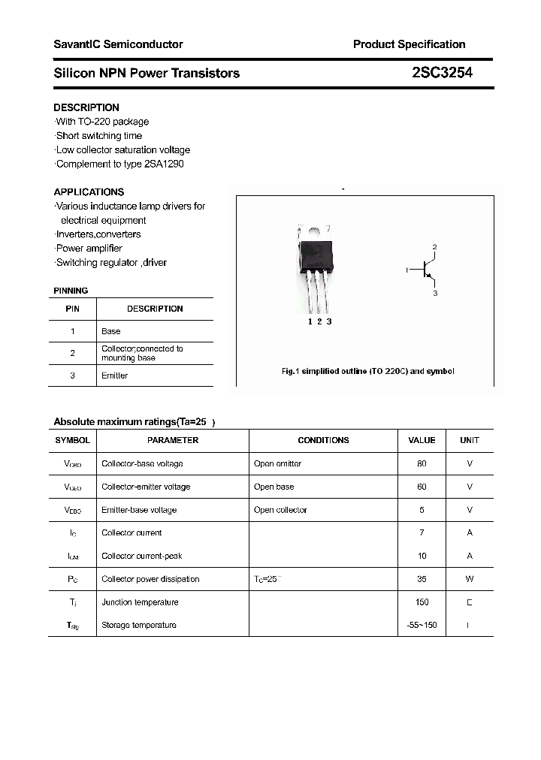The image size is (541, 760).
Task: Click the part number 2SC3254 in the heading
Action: [x=442, y=73]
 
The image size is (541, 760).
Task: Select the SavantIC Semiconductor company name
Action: [x=118, y=44]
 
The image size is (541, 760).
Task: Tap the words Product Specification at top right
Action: [x=409, y=44]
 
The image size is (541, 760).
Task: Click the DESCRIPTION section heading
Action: [x=86, y=107]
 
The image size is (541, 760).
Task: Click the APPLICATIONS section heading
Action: [x=89, y=192]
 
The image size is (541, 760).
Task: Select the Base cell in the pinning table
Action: [x=110, y=331]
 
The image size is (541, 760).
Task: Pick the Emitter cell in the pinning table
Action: [x=114, y=375]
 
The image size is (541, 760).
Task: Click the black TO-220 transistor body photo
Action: [x=315, y=255]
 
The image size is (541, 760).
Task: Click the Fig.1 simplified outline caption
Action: [x=367, y=371]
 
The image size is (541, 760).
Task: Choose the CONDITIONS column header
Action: [x=323, y=440]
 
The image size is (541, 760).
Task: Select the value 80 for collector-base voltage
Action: [x=422, y=464]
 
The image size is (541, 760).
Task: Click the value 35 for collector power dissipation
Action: [x=422, y=579]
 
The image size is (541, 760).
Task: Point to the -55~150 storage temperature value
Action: [x=422, y=625]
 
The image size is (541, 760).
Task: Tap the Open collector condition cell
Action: [x=280, y=510]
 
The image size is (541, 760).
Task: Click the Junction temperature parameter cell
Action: [x=140, y=602]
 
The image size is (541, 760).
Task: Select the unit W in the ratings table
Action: [x=470, y=579]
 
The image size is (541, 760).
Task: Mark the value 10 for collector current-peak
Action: [x=422, y=556]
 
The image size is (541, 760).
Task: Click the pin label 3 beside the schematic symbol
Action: [x=434, y=294]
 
